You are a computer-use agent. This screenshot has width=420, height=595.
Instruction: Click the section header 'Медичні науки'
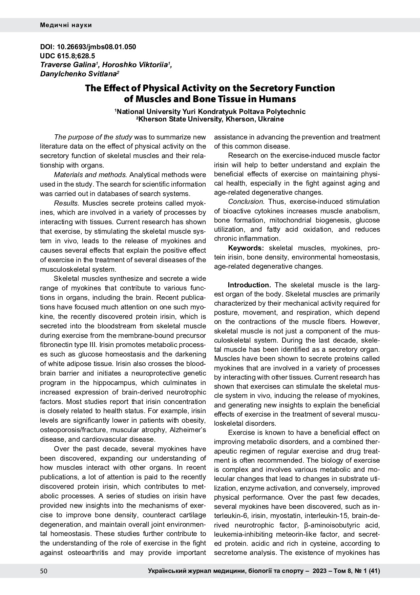coord(66,25)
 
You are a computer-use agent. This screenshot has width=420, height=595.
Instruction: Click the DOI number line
coord(88,47)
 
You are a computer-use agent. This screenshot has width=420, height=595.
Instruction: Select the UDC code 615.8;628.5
coord(67,56)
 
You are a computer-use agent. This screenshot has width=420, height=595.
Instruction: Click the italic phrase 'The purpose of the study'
coord(93,137)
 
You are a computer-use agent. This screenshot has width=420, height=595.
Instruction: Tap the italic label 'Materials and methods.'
coord(90,175)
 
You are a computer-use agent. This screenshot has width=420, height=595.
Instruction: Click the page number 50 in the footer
coord(44,571)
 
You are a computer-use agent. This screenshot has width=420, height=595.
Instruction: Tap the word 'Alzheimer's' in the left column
coord(188,430)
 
